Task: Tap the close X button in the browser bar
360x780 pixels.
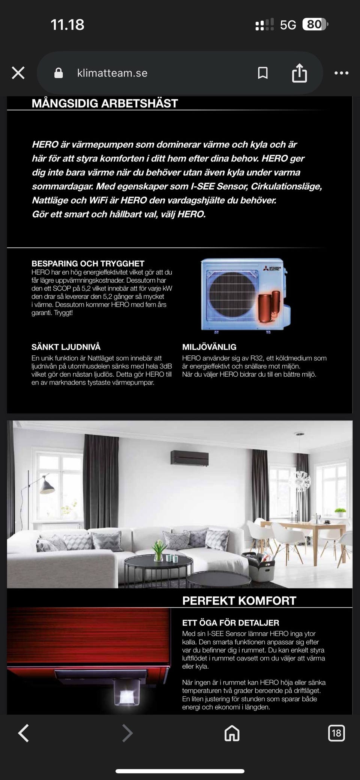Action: coord(18,73)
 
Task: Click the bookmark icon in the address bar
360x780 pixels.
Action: coord(263,73)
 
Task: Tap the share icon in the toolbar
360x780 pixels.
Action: coord(299,73)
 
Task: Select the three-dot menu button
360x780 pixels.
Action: coord(341,73)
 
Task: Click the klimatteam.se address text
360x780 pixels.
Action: coord(112,73)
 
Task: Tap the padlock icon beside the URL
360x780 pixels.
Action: coord(58,73)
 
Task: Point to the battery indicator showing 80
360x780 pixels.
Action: coord(315,25)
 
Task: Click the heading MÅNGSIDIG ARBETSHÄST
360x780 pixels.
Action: coord(105,103)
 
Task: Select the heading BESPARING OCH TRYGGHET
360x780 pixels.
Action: coord(88,263)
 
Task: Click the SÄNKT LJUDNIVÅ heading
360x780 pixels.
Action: coord(66,347)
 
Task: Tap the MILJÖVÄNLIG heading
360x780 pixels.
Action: coord(209,347)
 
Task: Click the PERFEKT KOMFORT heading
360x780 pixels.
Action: coord(239,601)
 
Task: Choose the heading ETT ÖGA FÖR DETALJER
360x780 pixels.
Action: coord(231,623)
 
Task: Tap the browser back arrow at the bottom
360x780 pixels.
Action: coord(24,733)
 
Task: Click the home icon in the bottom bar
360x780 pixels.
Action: coord(232,733)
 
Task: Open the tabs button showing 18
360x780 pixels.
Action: coord(336,733)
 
